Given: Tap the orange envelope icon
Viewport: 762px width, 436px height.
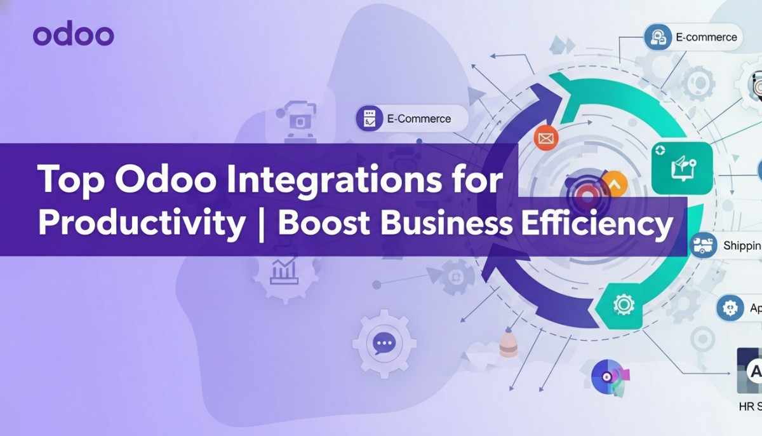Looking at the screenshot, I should pos(545,137).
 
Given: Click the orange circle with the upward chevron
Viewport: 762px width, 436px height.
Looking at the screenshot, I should pos(614,184).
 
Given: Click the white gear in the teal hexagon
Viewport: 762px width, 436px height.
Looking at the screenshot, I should pos(623,305).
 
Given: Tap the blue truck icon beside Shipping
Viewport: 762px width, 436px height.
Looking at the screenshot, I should pos(703,245).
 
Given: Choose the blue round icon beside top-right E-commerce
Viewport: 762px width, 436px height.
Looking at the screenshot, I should pos(657,37).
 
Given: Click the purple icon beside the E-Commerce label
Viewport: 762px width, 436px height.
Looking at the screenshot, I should pos(369,118).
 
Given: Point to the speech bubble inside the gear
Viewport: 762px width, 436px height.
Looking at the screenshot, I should pos(384,343).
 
